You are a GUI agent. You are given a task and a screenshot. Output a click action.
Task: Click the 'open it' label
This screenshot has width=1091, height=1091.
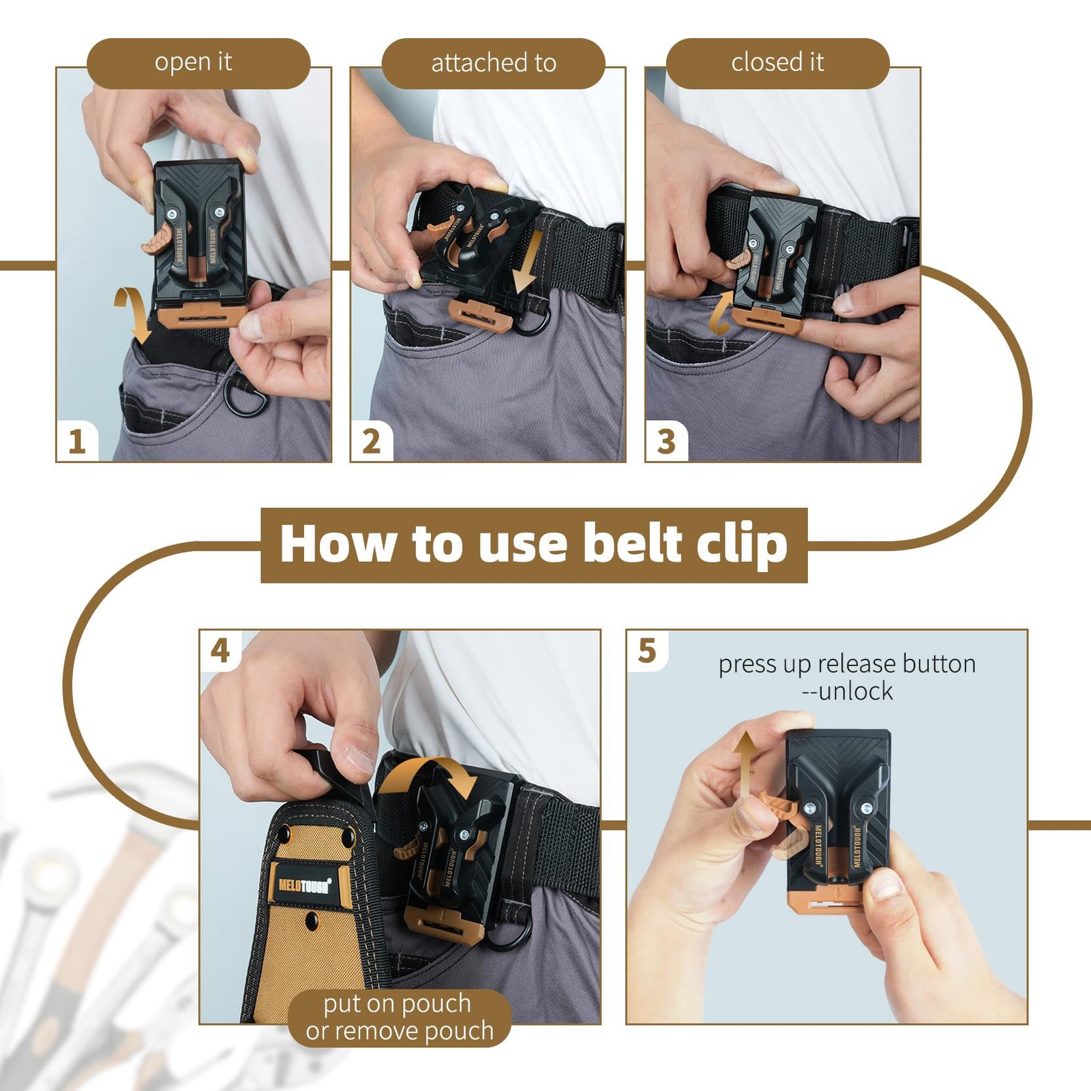[x=194, y=63]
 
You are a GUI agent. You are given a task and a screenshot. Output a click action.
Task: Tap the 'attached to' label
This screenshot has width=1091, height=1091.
[x=494, y=63]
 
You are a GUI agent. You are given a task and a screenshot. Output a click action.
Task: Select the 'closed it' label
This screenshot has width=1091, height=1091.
[x=777, y=63]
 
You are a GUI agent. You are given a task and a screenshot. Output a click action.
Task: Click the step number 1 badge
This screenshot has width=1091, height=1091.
[x=77, y=442]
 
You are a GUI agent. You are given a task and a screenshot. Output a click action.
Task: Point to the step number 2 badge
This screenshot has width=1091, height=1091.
[x=372, y=442]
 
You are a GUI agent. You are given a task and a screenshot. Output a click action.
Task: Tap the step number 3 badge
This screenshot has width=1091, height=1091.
[x=666, y=442]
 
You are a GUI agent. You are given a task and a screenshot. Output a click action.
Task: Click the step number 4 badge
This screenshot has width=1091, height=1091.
[x=220, y=651]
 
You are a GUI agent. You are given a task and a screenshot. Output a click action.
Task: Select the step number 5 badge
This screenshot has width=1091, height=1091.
[x=647, y=651]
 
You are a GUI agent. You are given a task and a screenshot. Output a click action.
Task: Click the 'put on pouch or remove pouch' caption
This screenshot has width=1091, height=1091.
[x=399, y=1017]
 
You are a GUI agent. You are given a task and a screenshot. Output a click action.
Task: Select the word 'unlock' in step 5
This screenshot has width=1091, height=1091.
[x=856, y=691]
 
